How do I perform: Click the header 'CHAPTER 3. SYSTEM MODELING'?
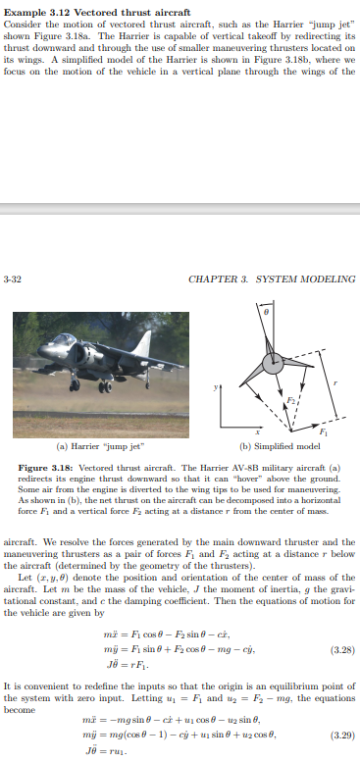(271, 279)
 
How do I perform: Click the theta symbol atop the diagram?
(264, 311)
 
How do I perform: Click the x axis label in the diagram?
(258, 431)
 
